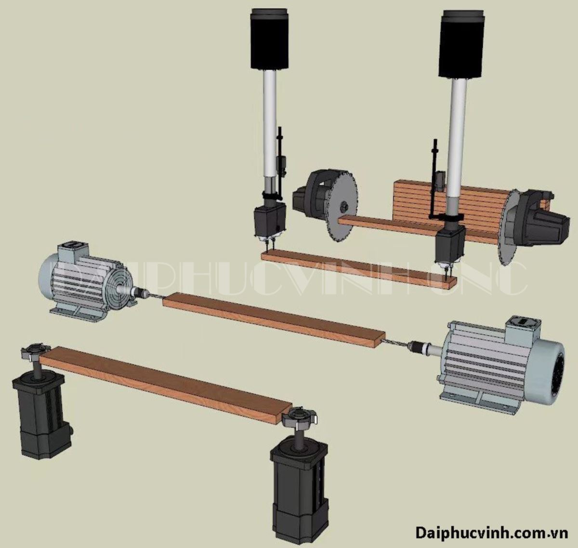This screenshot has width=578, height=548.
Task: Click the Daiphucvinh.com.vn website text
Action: coord(492,533)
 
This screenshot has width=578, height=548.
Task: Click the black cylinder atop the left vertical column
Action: coord(269,39)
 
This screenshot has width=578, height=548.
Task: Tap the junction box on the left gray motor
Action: coord(74,250)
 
